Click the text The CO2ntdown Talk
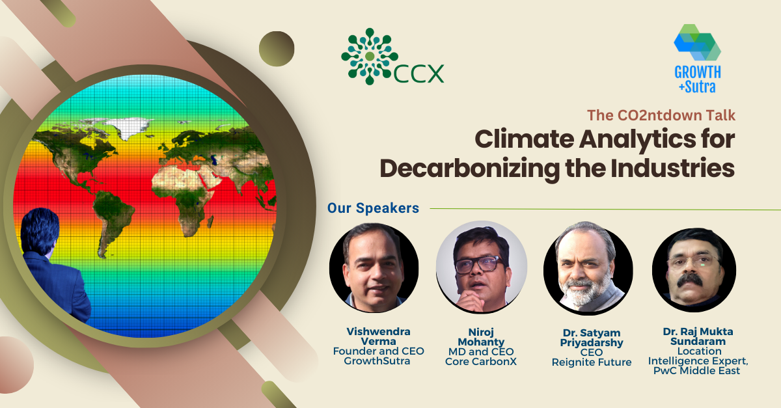click(661, 115)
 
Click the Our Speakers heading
click(373, 208)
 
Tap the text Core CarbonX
click(481, 361)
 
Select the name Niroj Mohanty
click(481, 336)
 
